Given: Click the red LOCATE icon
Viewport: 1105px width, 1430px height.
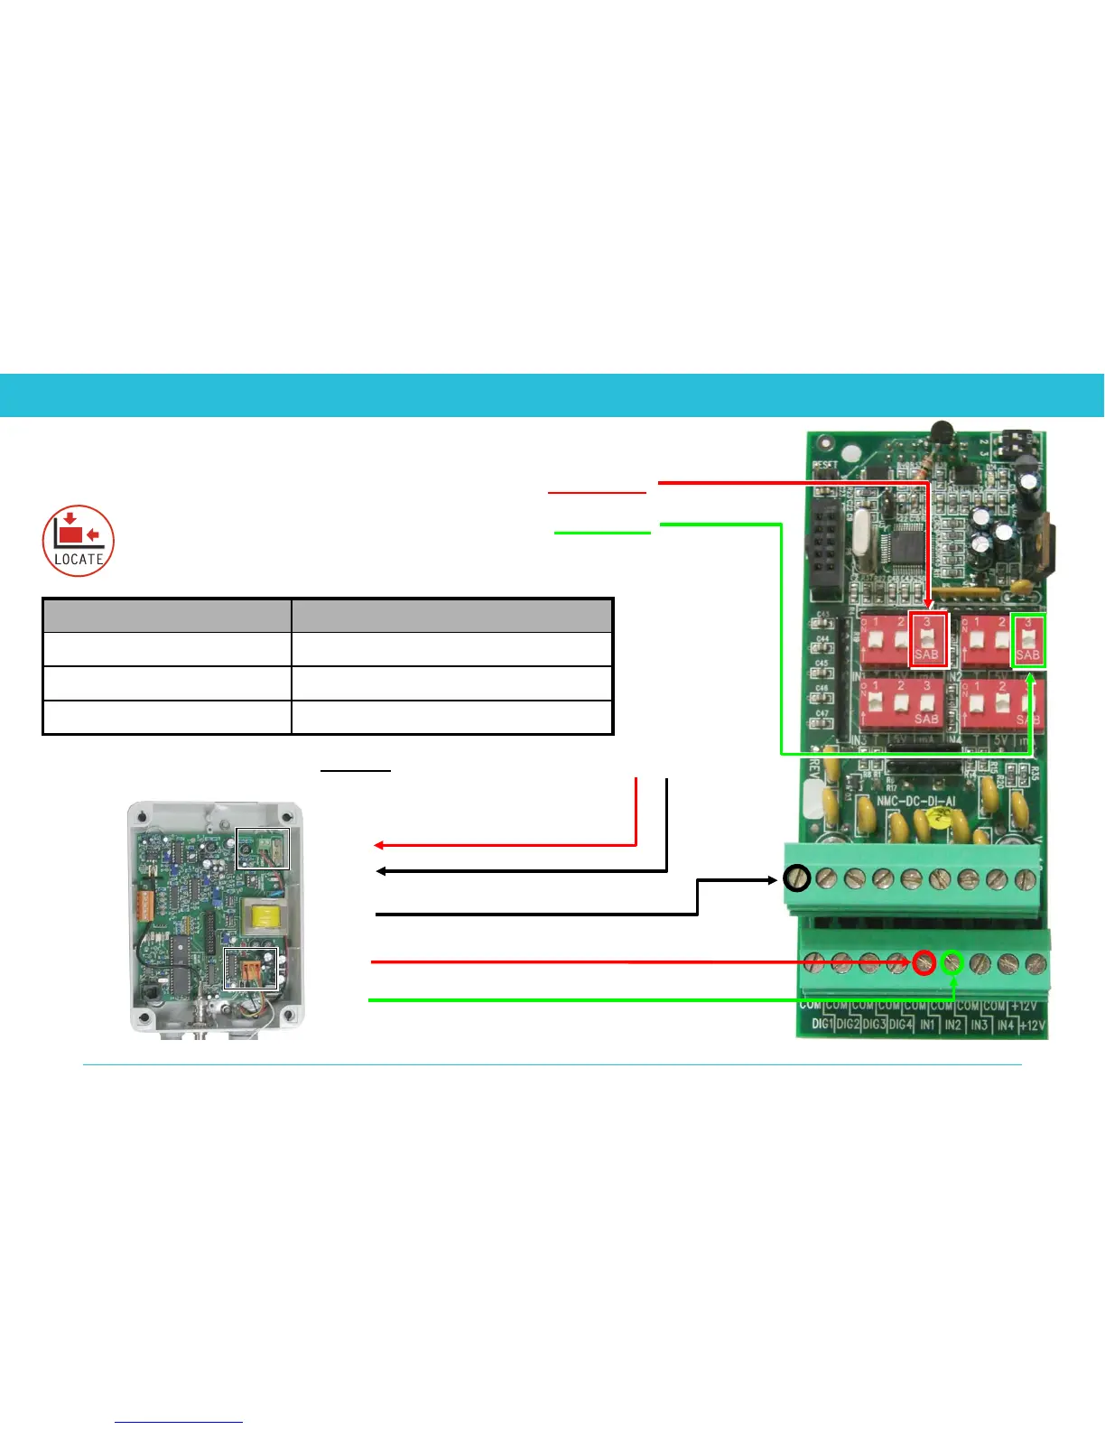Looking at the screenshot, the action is tap(79, 540).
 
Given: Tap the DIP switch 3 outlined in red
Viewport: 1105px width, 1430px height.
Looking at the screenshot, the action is tap(927, 639).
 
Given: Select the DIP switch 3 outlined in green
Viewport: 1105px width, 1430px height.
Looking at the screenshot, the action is tap(1028, 639).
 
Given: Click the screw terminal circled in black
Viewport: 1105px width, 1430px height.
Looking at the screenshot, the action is tap(796, 877).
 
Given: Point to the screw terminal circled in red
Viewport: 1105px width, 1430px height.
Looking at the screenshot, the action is tap(924, 962).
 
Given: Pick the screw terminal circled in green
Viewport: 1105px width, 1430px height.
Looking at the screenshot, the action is tap(952, 962).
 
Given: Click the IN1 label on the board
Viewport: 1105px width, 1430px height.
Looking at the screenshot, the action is tap(927, 1026).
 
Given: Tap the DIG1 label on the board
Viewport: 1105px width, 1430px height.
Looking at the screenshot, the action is tap(822, 1025).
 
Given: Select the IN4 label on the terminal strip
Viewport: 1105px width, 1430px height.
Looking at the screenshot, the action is tap(1005, 1026).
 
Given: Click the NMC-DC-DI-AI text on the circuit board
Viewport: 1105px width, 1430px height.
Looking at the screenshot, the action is tap(916, 801).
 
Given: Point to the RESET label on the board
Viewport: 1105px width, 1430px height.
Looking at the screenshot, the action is tap(824, 467).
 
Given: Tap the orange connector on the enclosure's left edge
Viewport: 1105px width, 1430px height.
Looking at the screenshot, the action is tap(144, 905).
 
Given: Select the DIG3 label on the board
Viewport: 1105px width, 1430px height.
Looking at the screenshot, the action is tap(874, 1025).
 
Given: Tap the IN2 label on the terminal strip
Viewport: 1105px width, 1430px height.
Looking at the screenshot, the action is tap(952, 1026).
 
